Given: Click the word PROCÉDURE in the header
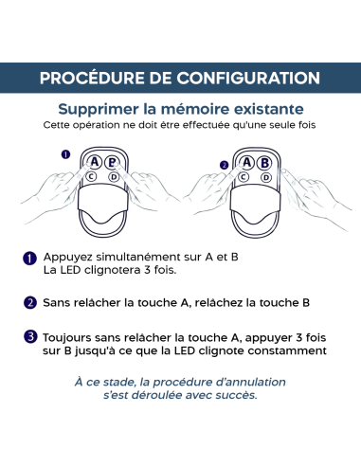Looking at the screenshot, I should [x=93, y=77].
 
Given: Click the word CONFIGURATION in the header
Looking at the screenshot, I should [x=245, y=77].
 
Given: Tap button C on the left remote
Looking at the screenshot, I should [x=92, y=176].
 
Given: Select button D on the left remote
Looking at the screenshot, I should [x=114, y=176].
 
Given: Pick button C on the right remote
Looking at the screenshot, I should [x=244, y=176].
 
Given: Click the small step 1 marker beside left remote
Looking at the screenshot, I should [x=65, y=153].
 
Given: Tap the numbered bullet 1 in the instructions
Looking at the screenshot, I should [x=30, y=258].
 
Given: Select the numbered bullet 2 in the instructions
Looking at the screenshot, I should [x=30, y=303].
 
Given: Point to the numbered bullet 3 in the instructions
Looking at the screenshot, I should [x=30, y=335].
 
